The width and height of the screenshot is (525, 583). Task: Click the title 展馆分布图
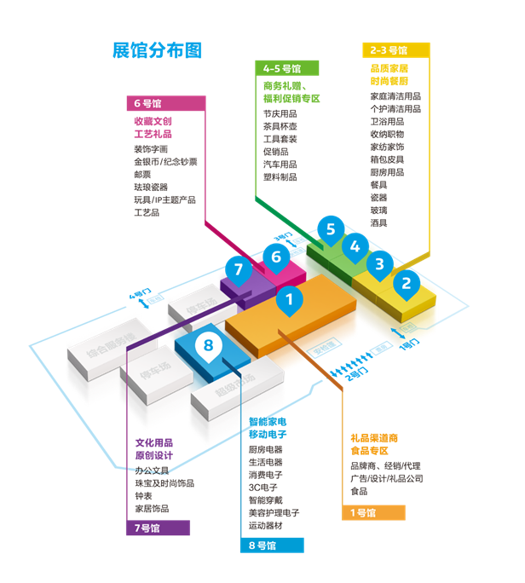(x=157, y=49)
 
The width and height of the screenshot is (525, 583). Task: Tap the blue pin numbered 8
(x=208, y=345)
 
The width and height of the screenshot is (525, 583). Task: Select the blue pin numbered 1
(x=290, y=299)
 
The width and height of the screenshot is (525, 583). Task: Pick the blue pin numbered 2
(x=407, y=283)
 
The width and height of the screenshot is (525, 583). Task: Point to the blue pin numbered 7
(x=239, y=270)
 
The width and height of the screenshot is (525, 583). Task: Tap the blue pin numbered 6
(x=274, y=256)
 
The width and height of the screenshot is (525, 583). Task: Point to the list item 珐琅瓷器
(x=151, y=187)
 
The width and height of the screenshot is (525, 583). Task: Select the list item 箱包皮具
(x=387, y=159)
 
